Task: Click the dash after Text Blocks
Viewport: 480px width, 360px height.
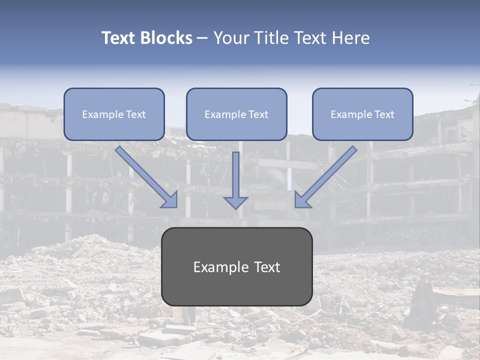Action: click(202, 38)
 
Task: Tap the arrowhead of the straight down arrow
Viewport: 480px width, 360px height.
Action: click(235, 202)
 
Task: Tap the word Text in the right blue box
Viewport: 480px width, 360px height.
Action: click(384, 114)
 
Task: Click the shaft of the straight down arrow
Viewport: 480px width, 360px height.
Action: click(235, 172)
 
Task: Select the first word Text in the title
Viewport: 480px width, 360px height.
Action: click(118, 38)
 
